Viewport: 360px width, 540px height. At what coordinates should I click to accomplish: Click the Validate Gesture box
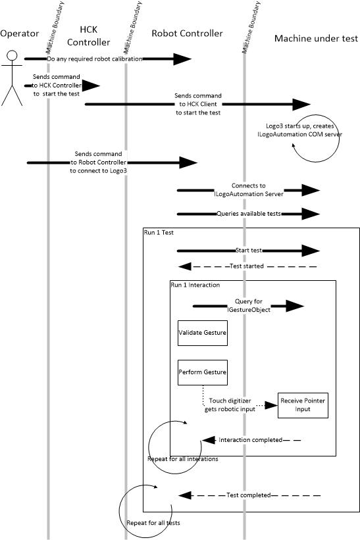203,333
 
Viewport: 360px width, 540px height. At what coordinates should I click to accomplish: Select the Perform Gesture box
203,372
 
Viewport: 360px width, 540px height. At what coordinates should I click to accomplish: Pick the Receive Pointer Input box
303,405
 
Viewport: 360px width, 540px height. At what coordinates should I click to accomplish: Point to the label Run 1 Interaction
195,285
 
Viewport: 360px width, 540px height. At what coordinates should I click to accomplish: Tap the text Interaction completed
250,439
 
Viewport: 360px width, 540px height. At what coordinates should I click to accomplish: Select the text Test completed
248,495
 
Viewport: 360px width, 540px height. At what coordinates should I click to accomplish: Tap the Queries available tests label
247,214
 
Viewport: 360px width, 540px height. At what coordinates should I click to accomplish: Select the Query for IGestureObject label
244,305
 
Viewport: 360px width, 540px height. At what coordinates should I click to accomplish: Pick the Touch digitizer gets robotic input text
230,405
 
